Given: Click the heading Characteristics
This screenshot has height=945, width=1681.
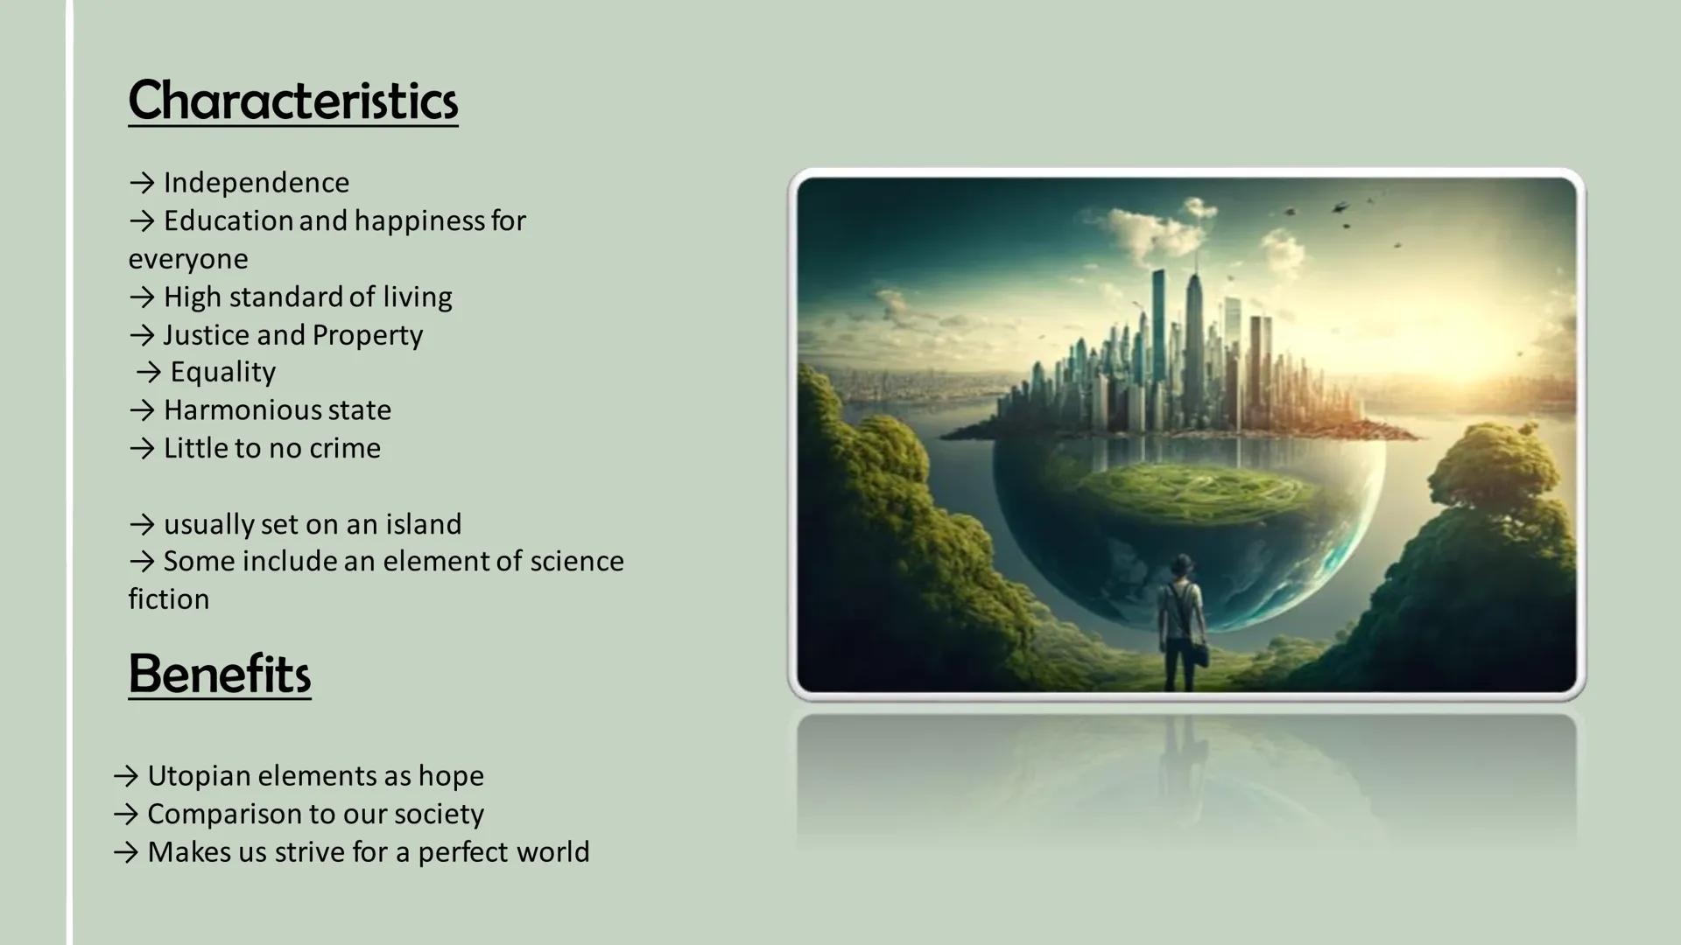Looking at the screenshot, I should point(292,101).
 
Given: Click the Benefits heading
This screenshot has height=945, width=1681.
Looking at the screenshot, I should point(219,674).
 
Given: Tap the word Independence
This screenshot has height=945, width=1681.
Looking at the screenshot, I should point(256,183).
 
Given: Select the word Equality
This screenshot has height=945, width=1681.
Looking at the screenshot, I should point(222,372).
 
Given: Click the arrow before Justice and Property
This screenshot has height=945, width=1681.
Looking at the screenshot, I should point(142,335).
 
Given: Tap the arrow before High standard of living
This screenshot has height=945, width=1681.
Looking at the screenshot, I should point(142,297).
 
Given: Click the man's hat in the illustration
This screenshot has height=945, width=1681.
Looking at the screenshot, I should point(1182,561).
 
